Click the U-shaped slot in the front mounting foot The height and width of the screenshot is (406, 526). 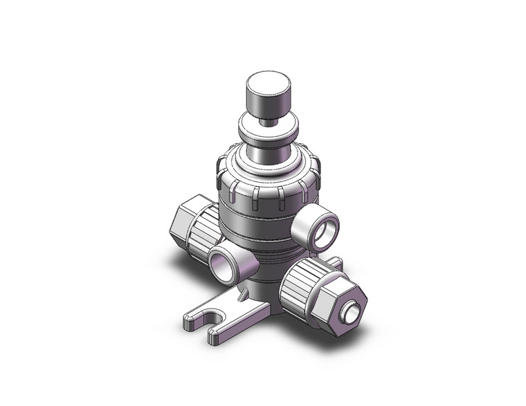(223, 322)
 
